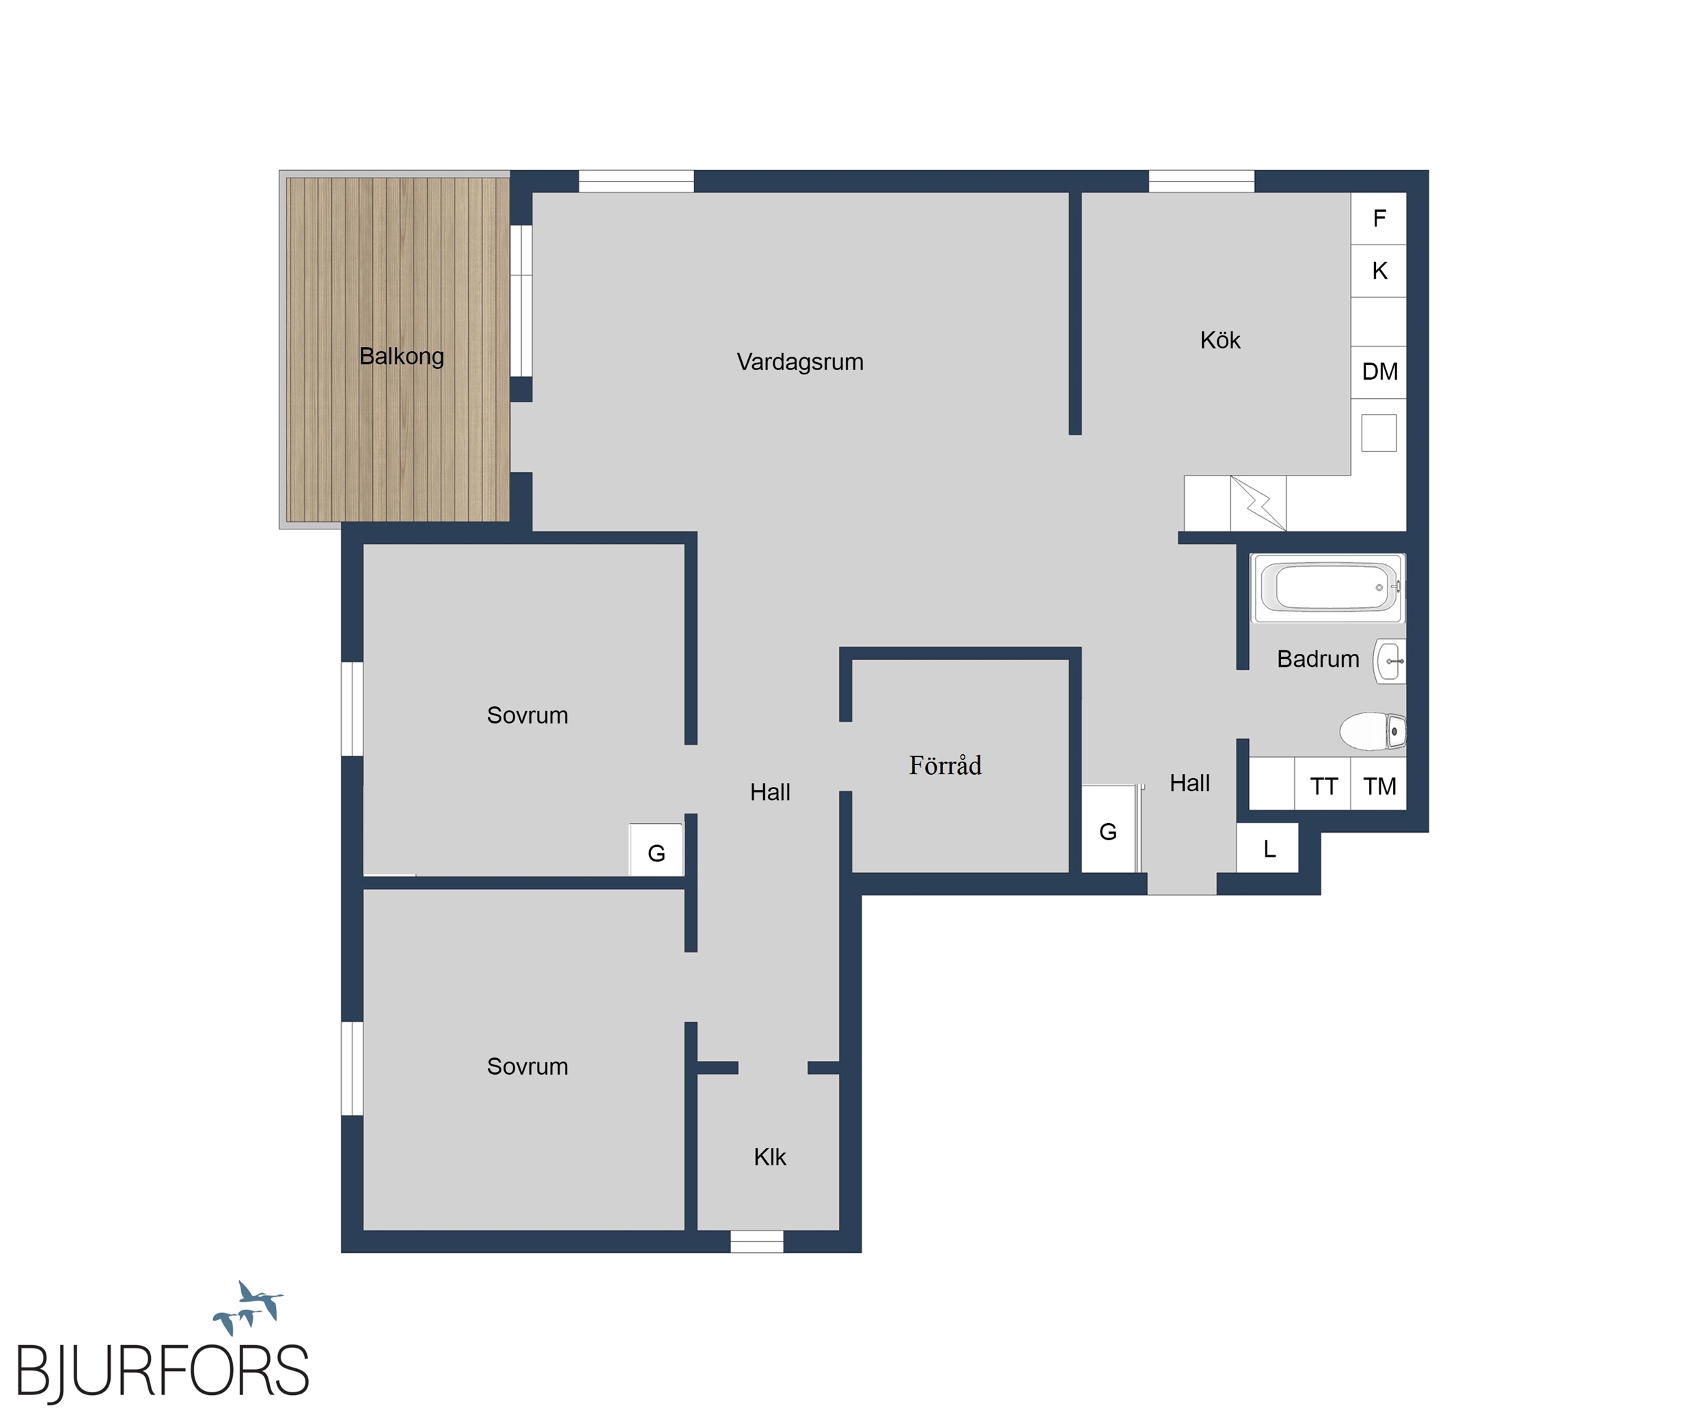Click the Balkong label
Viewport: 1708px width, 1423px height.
pos(401,356)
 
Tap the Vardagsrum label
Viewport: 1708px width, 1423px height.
pos(799,362)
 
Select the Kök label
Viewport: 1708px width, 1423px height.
pos(1220,340)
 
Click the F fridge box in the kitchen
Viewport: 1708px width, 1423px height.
pos(1379,218)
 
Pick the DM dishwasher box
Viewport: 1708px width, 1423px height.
pos(1379,372)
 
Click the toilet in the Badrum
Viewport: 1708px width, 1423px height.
pos(1373,731)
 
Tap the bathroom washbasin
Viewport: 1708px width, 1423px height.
pos(1390,661)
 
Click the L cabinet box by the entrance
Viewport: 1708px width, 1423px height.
pos(1267,849)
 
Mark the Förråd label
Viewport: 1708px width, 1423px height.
pos(945,765)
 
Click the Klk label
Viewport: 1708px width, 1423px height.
pos(769,1157)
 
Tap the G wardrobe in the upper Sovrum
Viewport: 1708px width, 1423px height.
pos(656,851)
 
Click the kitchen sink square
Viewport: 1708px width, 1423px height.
pos(1379,432)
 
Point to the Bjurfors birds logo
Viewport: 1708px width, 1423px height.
pos(248,1308)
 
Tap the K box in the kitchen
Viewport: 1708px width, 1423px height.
pos(1379,271)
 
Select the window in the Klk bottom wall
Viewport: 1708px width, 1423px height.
pos(756,1242)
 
